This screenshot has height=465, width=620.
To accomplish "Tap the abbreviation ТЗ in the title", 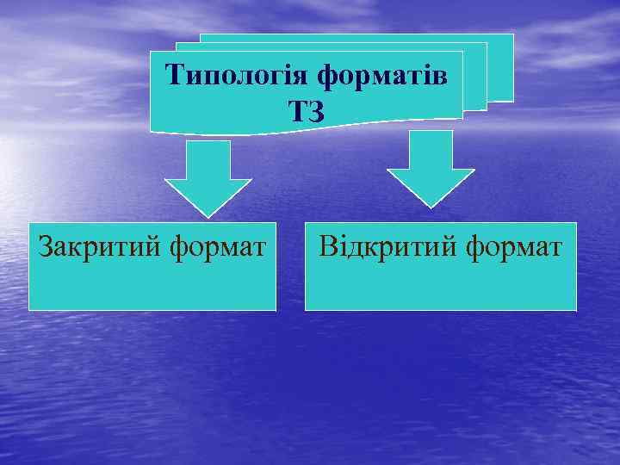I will pyautogui.click(x=307, y=110).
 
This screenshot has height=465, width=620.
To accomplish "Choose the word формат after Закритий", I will pyautogui.click(x=218, y=248).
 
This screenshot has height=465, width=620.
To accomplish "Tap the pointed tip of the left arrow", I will pyautogui.click(x=208, y=214).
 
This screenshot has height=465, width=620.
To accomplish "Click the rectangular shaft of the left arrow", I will pyautogui.click(x=208, y=158).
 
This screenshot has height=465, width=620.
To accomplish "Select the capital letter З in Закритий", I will pyautogui.click(x=45, y=248).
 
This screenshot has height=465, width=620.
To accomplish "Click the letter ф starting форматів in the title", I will pyautogui.click(x=327, y=77).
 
